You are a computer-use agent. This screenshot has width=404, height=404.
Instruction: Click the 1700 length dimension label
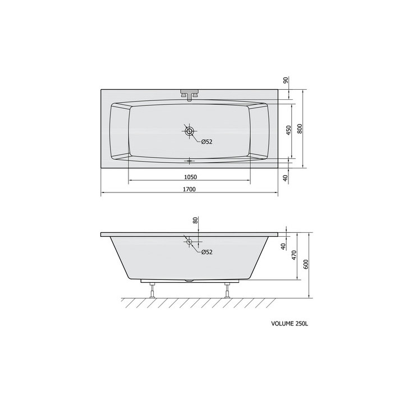[x=189, y=190]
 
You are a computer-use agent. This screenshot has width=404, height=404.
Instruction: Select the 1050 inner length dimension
[x=190, y=177]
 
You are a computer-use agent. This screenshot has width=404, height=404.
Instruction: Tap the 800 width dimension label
[x=300, y=128]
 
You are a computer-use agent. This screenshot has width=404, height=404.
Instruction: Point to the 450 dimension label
[x=288, y=130]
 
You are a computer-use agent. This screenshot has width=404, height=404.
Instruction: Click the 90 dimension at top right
[x=286, y=80]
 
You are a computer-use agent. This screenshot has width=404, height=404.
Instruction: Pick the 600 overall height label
[x=306, y=265]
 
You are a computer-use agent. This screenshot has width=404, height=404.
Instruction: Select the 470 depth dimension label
[x=295, y=255]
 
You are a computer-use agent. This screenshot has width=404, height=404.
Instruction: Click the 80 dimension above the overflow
[x=195, y=221]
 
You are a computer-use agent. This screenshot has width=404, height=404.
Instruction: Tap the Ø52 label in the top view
[x=207, y=141]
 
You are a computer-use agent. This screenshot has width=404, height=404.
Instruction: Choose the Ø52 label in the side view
[x=207, y=252]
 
